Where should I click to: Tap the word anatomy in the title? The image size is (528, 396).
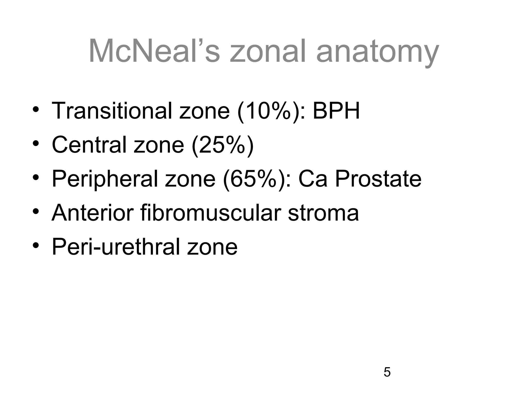(377, 53)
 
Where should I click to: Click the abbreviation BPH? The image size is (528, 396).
(336, 111)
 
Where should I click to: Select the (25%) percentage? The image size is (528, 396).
(223, 145)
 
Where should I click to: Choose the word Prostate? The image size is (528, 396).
(378, 179)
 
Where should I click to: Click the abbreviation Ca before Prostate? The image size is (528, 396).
(313, 179)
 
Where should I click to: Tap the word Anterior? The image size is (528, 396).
(93, 213)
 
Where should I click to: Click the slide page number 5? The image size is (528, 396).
(387, 372)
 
